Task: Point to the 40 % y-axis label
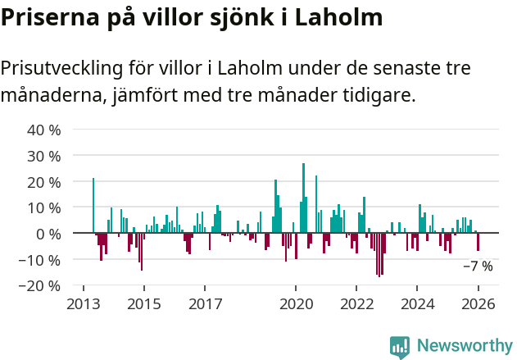[x=43, y=130]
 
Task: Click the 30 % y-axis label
[x=43, y=156]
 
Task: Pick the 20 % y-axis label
[x=43, y=182]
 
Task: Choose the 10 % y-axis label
[x=43, y=208]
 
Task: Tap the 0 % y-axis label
[x=48, y=235]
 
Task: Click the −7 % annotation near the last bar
[x=478, y=267]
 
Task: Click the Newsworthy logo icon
[x=399, y=346]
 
